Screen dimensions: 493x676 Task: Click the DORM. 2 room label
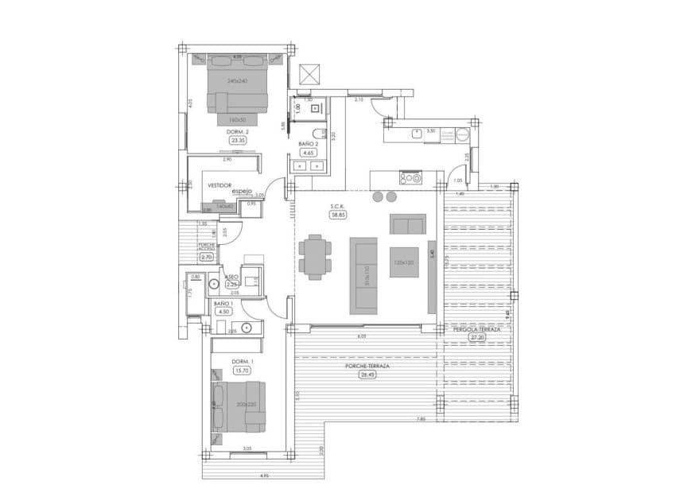tap(238, 131)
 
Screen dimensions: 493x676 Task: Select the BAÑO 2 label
tap(309, 144)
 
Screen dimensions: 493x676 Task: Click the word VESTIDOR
tap(220, 184)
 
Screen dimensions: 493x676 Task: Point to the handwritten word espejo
tap(242, 191)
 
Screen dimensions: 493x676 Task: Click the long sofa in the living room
tap(365, 275)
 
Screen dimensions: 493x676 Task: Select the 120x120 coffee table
tap(403, 262)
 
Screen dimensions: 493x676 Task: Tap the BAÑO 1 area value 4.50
tap(223, 312)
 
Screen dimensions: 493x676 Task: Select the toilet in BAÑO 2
tap(316, 133)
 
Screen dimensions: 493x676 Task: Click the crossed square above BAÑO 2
tap(309, 74)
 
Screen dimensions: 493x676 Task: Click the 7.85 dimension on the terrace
tap(422, 419)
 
